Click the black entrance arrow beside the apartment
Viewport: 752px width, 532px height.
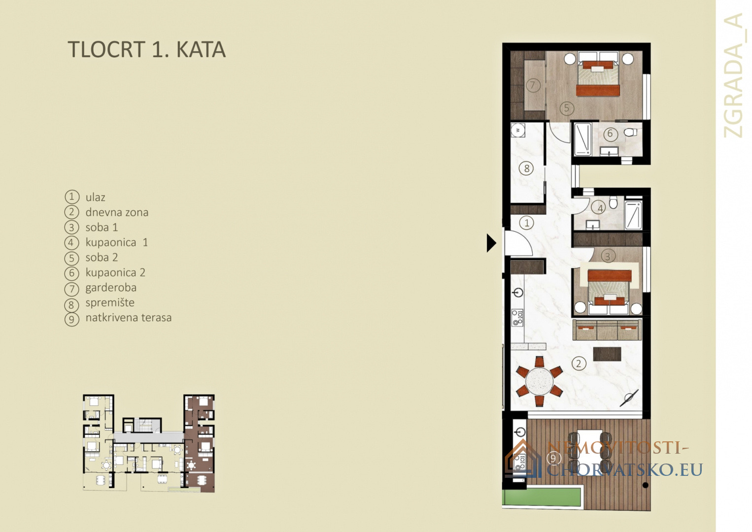[491, 243]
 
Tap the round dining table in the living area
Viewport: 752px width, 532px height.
[539, 381]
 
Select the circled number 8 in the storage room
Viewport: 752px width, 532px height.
[526, 168]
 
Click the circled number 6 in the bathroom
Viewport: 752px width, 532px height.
[610, 133]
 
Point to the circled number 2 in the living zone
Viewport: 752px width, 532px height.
[579, 364]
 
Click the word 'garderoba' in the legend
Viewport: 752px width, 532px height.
[111, 288]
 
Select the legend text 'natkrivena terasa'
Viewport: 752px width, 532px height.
[128, 318]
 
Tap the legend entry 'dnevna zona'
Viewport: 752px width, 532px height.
[117, 212]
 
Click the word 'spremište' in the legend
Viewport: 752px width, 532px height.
[110, 303]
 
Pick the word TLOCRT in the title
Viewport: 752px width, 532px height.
[106, 50]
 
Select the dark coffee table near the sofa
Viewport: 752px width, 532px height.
[607, 354]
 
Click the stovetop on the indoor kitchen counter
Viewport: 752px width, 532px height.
[517, 318]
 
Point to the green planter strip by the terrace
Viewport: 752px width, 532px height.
[542, 498]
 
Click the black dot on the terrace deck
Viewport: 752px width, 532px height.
[645, 485]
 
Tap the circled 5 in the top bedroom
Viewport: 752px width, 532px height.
[567, 108]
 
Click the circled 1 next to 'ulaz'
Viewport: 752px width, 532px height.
[71, 197]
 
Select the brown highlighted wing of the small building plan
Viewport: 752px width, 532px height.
[199, 443]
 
